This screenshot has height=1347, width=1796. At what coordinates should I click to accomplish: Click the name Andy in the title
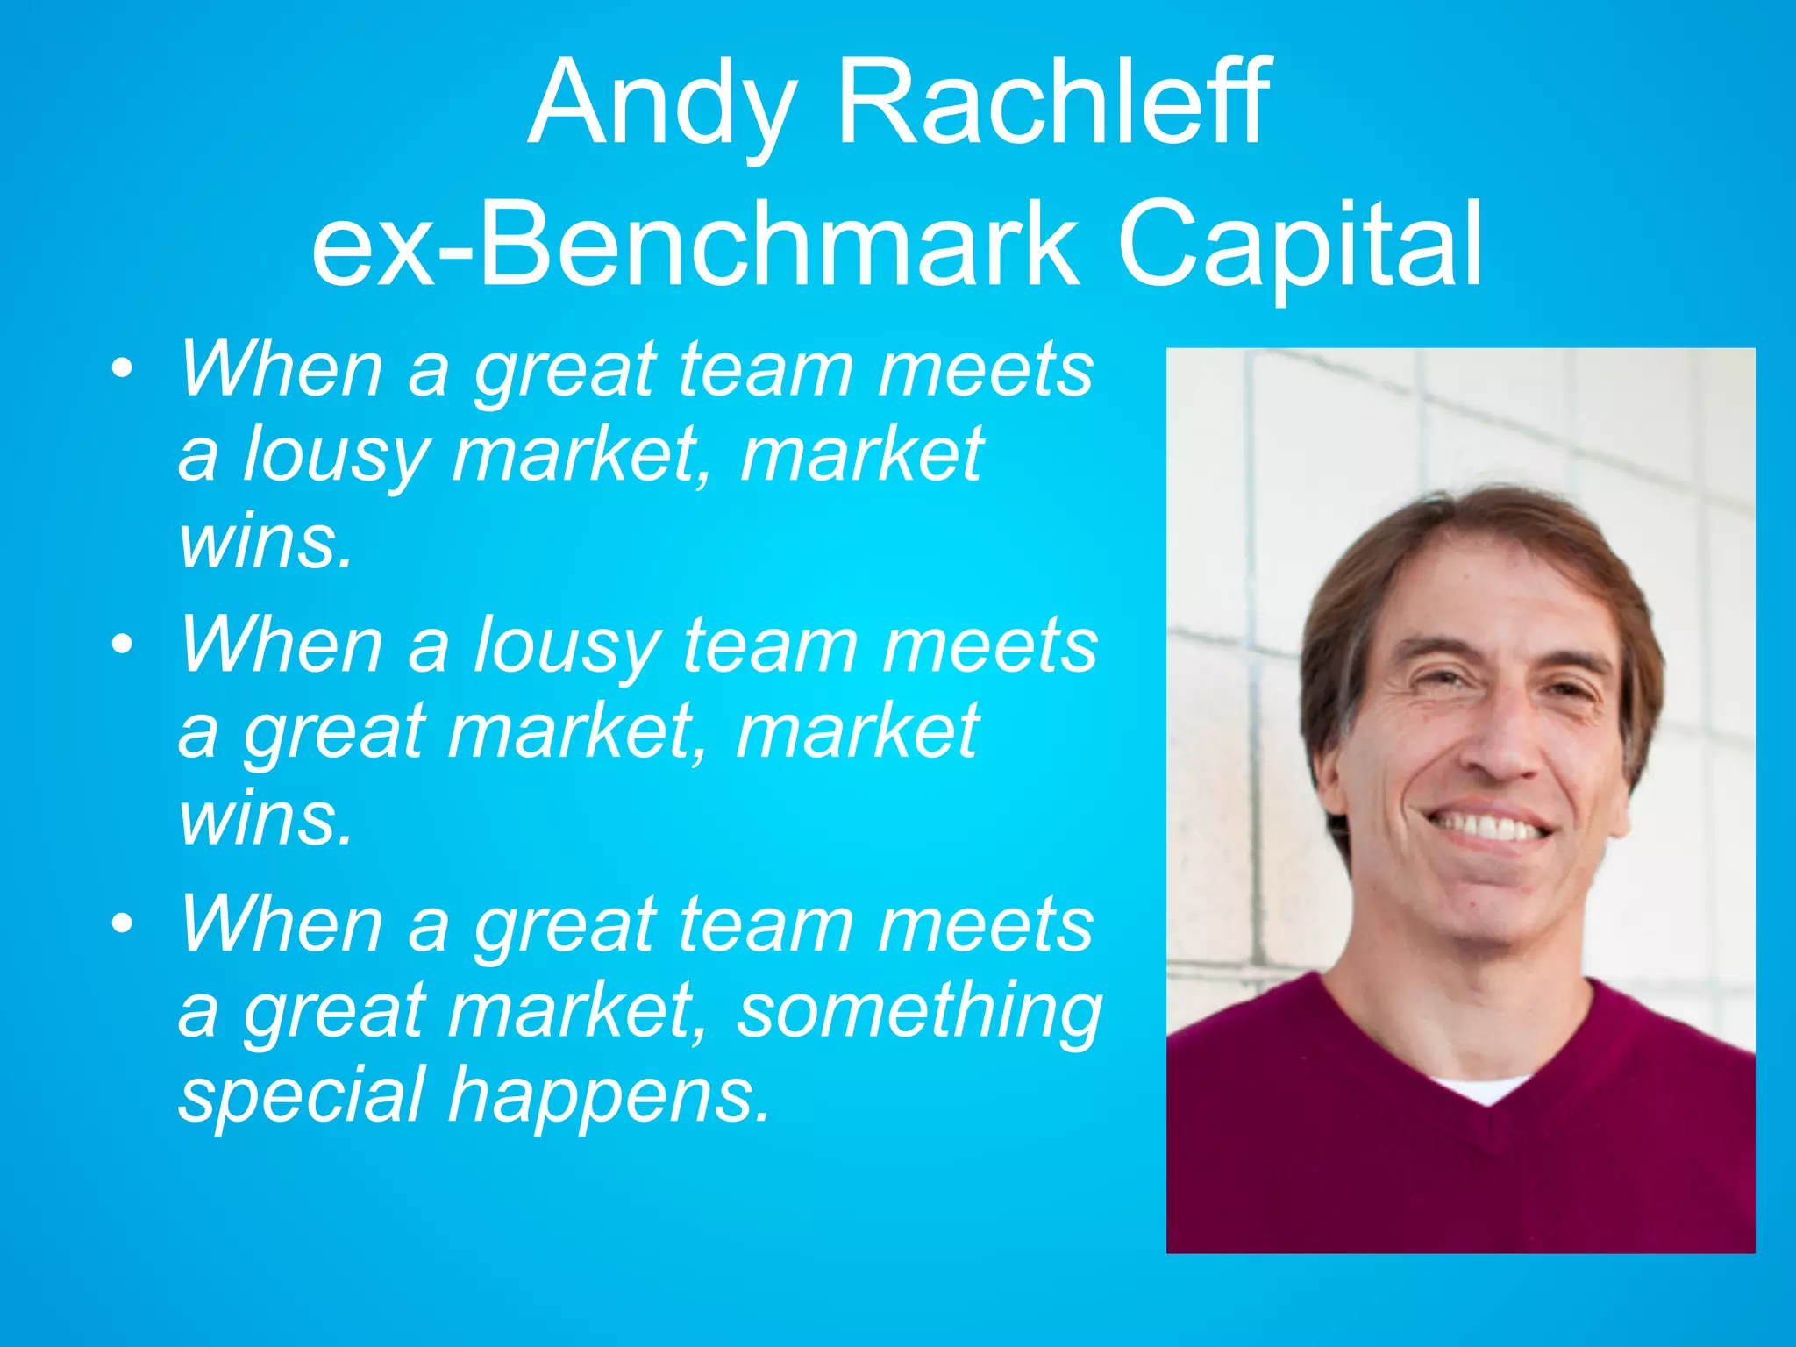coord(663,103)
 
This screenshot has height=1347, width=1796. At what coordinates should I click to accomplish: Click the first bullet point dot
coord(123,368)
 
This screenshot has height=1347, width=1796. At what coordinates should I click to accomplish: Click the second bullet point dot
coord(123,645)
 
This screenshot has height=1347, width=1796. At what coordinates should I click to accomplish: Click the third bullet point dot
coord(123,923)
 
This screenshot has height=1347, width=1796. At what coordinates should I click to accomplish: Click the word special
coord(303,1096)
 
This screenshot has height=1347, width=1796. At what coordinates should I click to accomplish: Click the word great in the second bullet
coord(333,733)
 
